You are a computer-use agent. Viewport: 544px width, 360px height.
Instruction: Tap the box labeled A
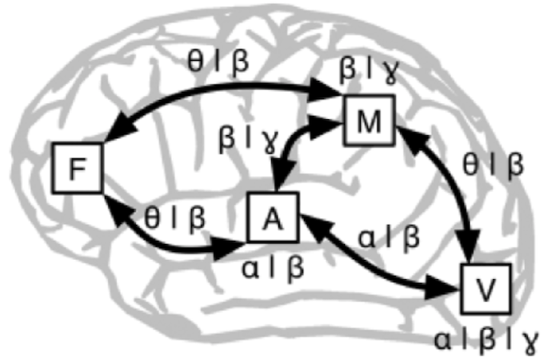click(x=273, y=217)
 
